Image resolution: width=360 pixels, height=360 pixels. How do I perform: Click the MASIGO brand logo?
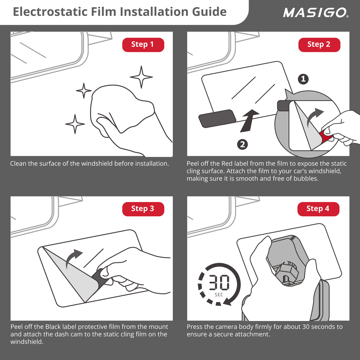coord(316,13)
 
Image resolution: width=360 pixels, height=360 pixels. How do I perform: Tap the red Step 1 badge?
coord(143,45)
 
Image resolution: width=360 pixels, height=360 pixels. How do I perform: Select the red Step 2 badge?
coord(319,45)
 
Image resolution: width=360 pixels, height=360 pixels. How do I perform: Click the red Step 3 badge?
coord(143,209)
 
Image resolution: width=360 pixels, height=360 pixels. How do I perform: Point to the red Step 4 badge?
coord(318,209)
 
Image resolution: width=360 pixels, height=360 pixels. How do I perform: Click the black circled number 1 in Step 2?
coord(303,79)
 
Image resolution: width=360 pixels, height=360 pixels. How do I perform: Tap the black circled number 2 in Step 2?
coord(242,144)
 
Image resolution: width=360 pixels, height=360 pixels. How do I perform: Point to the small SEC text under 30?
coord(219,295)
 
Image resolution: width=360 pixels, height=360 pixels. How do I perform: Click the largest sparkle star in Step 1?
coord(141,77)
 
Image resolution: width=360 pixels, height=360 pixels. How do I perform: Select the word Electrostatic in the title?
coord(50,12)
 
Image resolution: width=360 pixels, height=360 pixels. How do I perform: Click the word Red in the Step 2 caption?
coord(226,163)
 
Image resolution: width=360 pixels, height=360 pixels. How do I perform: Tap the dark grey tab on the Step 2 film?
coord(217,118)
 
